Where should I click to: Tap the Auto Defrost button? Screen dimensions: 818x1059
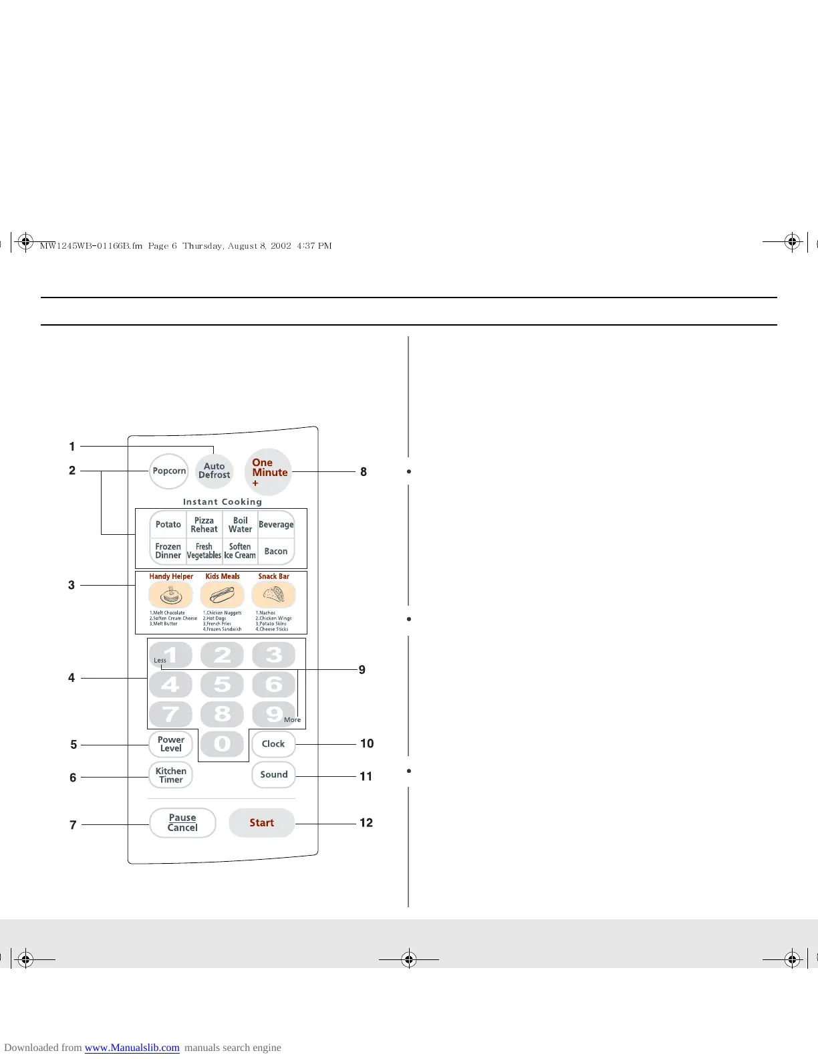coord(214,471)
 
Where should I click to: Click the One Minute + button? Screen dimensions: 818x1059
coord(268,471)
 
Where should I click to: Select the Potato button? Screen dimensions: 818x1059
coord(168,525)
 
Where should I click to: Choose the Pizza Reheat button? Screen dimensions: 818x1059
coord(204,525)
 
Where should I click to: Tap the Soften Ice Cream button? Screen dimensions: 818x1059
coord(240,551)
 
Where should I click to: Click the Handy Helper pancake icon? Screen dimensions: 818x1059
coord(170,594)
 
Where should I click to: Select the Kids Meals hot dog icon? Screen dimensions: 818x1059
coord(222,594)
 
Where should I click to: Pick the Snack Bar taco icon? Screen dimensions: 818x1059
coord(273,594)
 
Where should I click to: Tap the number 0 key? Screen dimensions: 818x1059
coord(223,744)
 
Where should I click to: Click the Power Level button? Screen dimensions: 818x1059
coord(170,744)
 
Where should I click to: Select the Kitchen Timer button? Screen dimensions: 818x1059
coord(170,775)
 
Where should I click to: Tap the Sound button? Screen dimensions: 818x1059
coord(273,775)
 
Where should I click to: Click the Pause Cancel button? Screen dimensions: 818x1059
coord(182,823)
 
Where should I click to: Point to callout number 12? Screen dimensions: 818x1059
coord(366,823)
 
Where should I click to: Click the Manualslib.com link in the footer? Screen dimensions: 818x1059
coord(132,1048)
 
